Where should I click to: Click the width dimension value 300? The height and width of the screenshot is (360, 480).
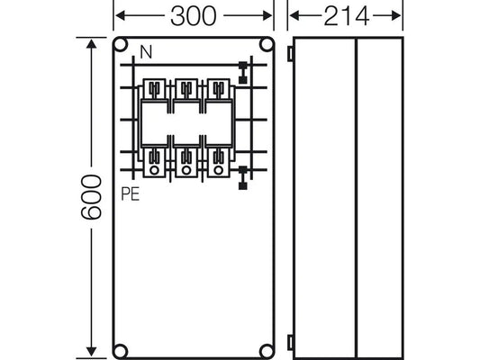[x=195, y=17]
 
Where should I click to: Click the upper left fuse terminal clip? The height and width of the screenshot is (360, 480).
[x=155, y=88]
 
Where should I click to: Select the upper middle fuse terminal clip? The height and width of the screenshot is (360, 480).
[x=185, y=88]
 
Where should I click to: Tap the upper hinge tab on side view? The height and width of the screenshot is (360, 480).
[x=290, y=54]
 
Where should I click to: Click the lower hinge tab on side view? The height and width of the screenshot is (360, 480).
[x=290, y=340]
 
